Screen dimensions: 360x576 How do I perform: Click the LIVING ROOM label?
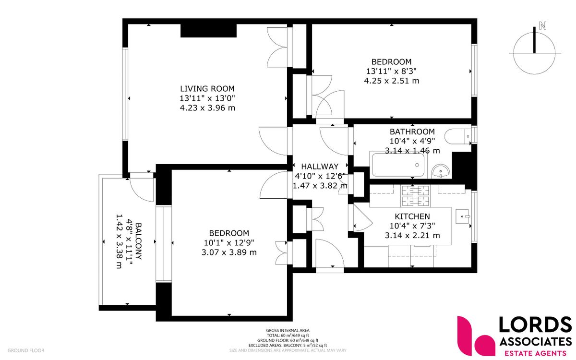[207, 88]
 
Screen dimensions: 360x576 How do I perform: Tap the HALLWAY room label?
[316, 166]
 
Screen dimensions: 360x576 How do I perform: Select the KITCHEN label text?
[412, 216]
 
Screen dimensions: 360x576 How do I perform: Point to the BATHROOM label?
[412, 132]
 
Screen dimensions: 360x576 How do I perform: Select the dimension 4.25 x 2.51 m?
[391, 81]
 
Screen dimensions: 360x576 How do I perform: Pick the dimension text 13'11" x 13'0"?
[207, 98]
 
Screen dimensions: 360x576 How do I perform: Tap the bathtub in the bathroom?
[397, 166]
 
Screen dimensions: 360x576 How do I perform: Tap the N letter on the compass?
[543, 26]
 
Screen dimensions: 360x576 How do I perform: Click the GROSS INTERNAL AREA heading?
[288, 330]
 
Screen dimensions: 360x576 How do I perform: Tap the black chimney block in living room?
[209, 30]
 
